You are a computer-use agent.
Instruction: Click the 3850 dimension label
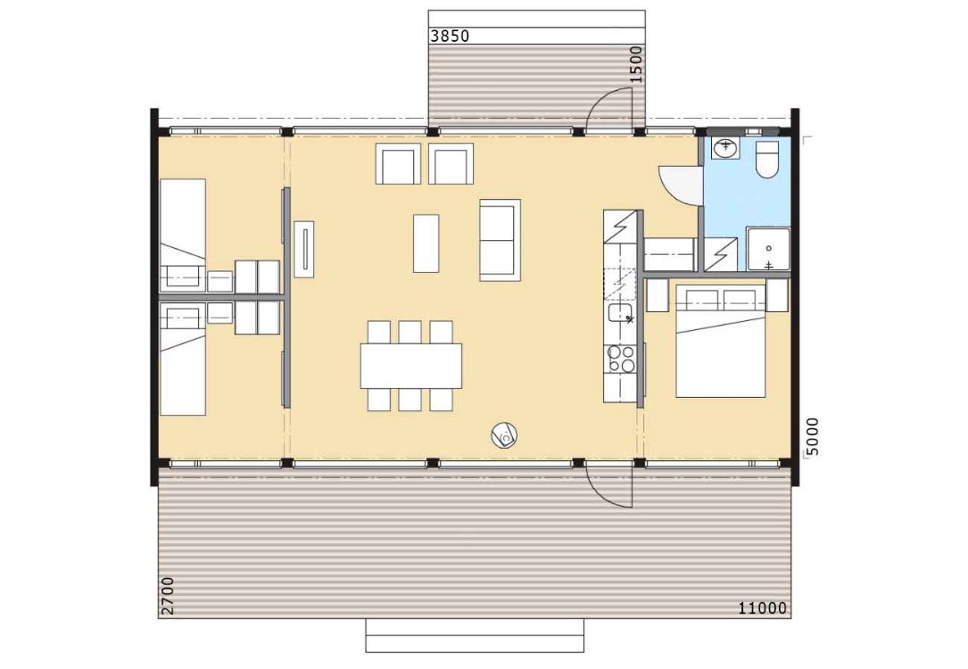pos(450,36)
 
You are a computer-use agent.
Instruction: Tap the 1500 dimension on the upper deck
pos(635,64)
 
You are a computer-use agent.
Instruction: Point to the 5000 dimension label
pos(813,436)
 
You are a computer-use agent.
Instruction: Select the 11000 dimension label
pos(763,608)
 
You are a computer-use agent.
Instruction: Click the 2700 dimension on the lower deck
pos(168,596)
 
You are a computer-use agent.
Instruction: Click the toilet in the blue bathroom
pos(768,160)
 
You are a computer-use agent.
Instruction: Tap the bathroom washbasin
pos(723,148)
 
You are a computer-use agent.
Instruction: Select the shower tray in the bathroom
pos(768,250)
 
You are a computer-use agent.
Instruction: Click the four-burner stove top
pos(620,359)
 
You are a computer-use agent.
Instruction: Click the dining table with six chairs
pos(411,366)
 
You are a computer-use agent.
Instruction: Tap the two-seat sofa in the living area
pos(500,240)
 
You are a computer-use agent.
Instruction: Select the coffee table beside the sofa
pos(426,244)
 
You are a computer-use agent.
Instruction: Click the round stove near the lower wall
pos(504,435)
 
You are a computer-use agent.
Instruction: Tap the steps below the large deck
pos(475,636)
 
